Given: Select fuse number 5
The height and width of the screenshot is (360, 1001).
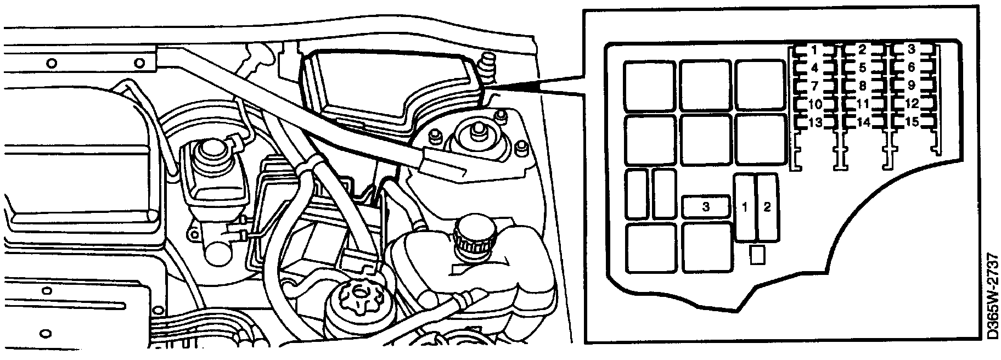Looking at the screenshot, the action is [x=862, y=68].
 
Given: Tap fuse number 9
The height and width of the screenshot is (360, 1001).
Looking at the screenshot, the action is [x=911, y=86].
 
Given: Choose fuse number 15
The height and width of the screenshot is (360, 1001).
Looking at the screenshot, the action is [x=911, y=122].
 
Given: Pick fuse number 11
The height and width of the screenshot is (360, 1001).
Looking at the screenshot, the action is [x=862, y=104].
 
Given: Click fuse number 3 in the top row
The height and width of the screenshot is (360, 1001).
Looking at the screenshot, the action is [x=911, y=50].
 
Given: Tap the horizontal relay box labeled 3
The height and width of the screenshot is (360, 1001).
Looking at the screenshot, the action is [x=706, y=207].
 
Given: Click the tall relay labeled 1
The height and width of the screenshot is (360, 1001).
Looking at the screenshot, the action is [x=745, y=207].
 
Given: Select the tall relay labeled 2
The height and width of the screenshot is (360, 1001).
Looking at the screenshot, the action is [x=767, y=207].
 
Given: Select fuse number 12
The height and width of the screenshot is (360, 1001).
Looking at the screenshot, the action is [x=911, y=104].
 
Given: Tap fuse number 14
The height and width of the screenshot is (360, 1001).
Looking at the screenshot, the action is [x=862, y=122].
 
